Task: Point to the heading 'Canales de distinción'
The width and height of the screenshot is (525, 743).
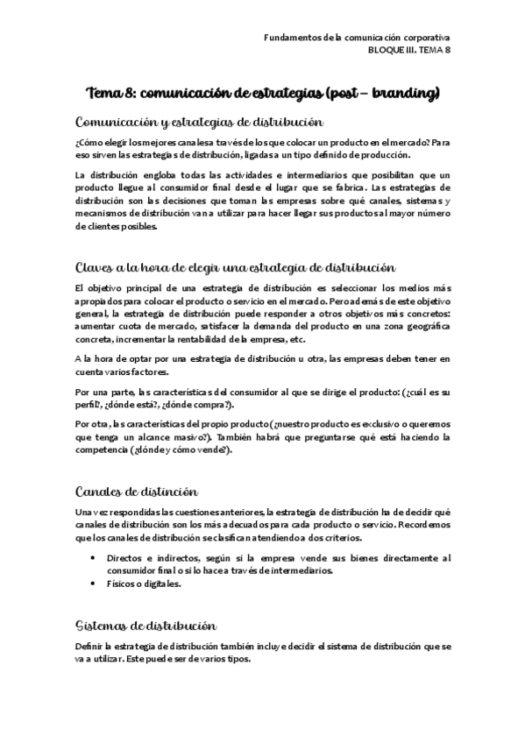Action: [137, 492]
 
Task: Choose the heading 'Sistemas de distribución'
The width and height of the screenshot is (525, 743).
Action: [145, 626]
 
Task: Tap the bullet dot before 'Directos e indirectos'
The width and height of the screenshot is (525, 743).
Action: [95, 557]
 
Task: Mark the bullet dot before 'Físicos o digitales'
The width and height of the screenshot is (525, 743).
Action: [95, 583]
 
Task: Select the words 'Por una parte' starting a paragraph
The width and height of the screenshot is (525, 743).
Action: [99, 392]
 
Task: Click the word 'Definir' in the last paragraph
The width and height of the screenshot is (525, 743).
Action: [90, 647]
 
